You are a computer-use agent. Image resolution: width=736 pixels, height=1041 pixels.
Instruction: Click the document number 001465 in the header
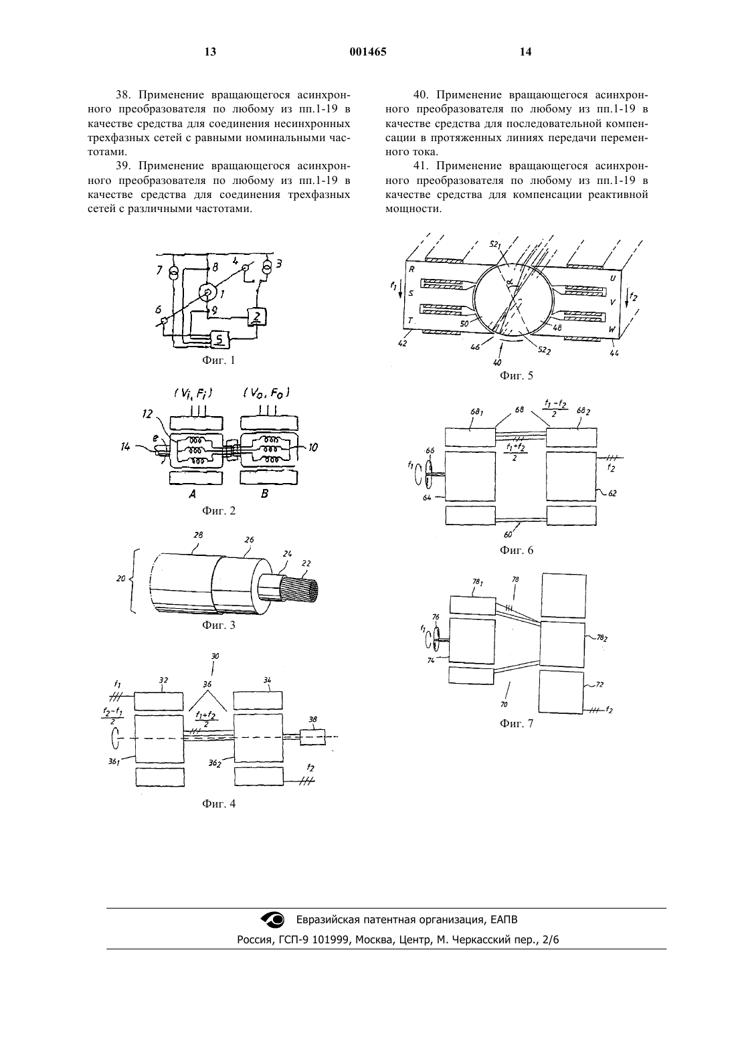point(367,52)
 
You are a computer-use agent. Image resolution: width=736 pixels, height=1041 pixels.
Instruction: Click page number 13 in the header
point(211,52)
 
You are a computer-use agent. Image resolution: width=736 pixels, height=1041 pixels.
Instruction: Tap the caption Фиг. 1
point(218,360)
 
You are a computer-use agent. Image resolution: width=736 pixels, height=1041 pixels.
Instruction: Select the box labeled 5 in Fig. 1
point(219,339)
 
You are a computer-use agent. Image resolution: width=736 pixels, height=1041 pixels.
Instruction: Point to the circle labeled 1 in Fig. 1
point(207,292)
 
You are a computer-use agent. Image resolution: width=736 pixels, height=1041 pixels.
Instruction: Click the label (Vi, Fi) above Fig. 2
point(193,393)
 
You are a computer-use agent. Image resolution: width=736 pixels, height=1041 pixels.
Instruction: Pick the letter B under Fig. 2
point(264,494)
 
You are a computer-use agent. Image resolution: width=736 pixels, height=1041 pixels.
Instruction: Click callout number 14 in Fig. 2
point(125,447)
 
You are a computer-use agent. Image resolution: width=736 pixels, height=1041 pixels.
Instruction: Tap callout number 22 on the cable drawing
point(306,563)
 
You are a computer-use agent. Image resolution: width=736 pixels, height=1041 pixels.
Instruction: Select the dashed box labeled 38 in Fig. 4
point(312,737)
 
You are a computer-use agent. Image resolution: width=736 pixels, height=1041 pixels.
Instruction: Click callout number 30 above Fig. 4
point(215,656)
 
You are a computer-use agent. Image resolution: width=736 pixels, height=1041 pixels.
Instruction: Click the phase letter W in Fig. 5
point(612,330)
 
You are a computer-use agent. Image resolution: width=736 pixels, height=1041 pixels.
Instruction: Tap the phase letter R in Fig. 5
point(411,269)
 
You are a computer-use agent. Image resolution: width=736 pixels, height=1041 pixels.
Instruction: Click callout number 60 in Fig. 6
point(509,535)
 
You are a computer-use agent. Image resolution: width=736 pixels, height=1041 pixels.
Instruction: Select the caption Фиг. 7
point(517,723)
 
